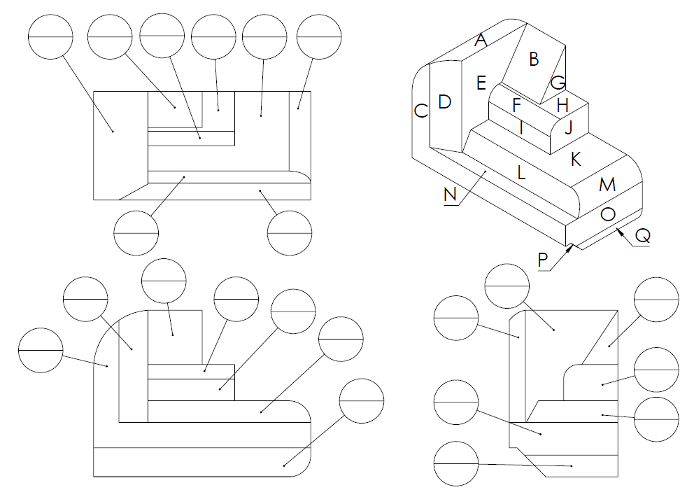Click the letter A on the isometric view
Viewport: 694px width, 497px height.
480,41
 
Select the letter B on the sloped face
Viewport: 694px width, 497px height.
534,59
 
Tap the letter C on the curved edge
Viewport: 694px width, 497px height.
420,111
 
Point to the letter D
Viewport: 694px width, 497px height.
444,102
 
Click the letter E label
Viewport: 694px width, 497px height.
481,83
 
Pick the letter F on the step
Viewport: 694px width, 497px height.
516,106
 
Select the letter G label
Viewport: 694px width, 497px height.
558,83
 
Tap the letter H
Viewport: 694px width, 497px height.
562,106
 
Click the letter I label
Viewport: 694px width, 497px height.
521,127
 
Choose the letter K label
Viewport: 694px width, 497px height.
576,160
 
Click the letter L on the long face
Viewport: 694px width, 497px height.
520,172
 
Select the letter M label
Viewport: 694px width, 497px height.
607,185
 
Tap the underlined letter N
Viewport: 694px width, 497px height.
451,195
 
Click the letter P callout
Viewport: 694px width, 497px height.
543,260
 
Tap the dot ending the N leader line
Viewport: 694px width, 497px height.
485,170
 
